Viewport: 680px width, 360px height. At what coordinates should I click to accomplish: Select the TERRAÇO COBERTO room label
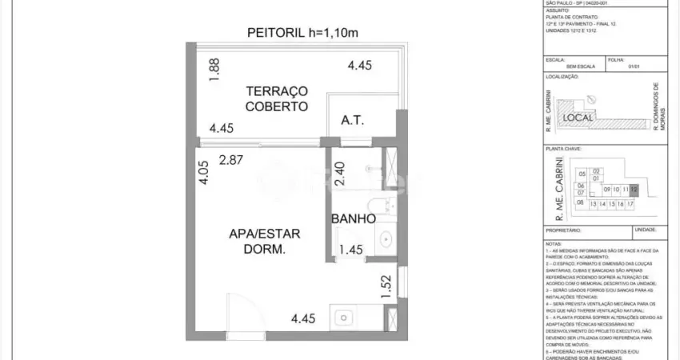pos(276,98)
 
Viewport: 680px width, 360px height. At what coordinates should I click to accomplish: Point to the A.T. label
pos(352,121)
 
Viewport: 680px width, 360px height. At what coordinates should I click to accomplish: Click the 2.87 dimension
pos(231,159)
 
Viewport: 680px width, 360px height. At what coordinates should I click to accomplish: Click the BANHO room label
pos(354,218)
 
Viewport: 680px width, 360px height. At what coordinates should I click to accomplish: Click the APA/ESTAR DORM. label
pos(265,242)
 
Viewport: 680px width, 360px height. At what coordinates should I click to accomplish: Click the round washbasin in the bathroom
pos(386,238)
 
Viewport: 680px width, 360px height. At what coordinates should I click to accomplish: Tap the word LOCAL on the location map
pos(578,118)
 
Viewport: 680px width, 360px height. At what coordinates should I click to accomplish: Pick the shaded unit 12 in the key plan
pos(634,190)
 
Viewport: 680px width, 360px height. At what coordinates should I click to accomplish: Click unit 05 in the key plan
pos(582,174)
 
